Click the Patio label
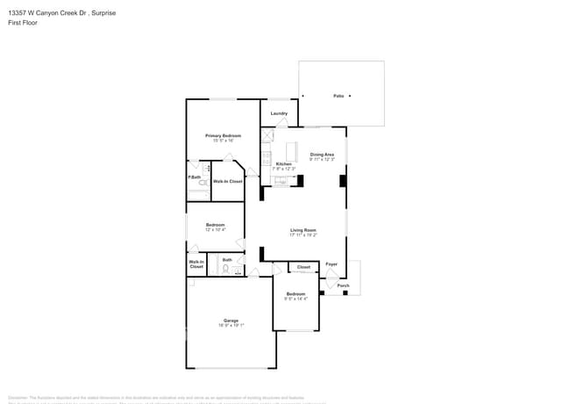coord(338,95)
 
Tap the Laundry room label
coord(279,113)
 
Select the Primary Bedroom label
coord(223,136)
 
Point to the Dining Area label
coord(322,155)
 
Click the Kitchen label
coord(284,164)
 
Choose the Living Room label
coord(303,230)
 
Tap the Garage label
coord(231,321)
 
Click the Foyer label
coord(331,263)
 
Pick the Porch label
coord(343,285)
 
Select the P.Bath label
coord(195,177)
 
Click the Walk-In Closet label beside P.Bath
coord(227,181)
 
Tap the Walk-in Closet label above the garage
coord(196,263)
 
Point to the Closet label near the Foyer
coord(303,267)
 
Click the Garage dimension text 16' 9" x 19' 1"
coord(231,325)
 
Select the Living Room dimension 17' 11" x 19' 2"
coord(303,235)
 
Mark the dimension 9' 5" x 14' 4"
coord(296,299)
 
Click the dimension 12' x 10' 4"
coord(215,229)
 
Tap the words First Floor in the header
coord(21,23)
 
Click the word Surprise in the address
coord(103,13)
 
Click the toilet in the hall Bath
coord(225,270)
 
